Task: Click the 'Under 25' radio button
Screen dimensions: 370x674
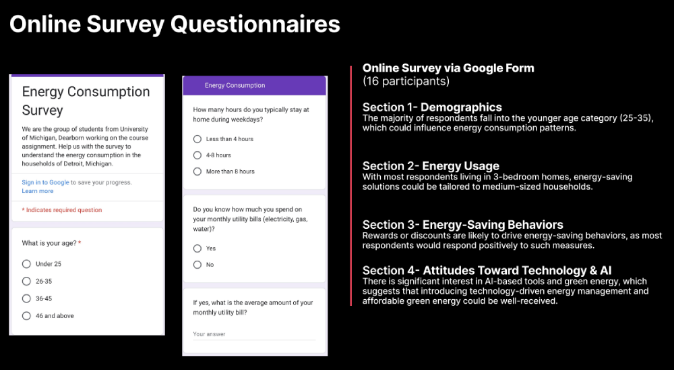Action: pos(26,264)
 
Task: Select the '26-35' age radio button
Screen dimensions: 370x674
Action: pos(26,282)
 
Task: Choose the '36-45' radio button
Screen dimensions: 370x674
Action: pos(26,298)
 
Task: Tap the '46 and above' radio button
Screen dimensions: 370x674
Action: pos(26,316)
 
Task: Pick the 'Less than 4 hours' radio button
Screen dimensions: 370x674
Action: pos(197,139)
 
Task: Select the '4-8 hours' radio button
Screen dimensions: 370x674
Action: pos(197,155)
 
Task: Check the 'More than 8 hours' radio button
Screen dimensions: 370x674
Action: pos(197,171)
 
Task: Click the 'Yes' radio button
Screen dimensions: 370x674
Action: pos(197,248)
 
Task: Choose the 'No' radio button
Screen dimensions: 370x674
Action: pos(197,265)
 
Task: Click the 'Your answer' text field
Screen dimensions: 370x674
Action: pos(253,334)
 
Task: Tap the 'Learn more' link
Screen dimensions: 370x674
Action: pos(37,191)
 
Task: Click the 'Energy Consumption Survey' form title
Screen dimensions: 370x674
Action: pos(86,101)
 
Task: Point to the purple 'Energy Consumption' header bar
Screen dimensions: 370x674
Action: pos(254,86)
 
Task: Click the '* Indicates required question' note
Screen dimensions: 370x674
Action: pos(62,210)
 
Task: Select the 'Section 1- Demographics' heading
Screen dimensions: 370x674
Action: pos(432,107)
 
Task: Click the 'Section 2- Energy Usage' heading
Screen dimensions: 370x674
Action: pos(431,166)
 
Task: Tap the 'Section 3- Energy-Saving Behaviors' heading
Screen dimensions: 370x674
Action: pos(462,225)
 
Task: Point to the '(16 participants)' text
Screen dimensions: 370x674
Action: pos(406,81)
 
